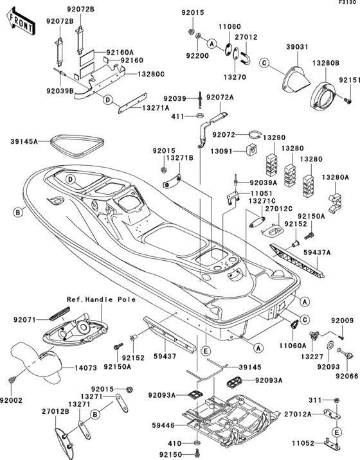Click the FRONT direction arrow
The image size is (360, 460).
click(x=21, y=22)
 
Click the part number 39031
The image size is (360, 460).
click(x=297, y=47)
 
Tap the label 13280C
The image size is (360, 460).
click(x=151, y=75)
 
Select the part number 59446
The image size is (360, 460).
click(x=163, y=425)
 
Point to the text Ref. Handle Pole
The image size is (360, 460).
click(x=102, y=299)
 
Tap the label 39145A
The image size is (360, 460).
click(x=24, y=141)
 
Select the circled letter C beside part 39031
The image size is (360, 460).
click(x=264, y=63)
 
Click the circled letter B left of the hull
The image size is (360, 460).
click(x=18, y=212)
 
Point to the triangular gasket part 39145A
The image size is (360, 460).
click(x=77, y=145)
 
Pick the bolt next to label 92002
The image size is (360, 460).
click(x=12, y=380)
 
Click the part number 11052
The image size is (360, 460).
click(x=303, y=443)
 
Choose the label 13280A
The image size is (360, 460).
click(x=335, y=177)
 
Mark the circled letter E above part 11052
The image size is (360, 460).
click(x=337, y=432)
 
